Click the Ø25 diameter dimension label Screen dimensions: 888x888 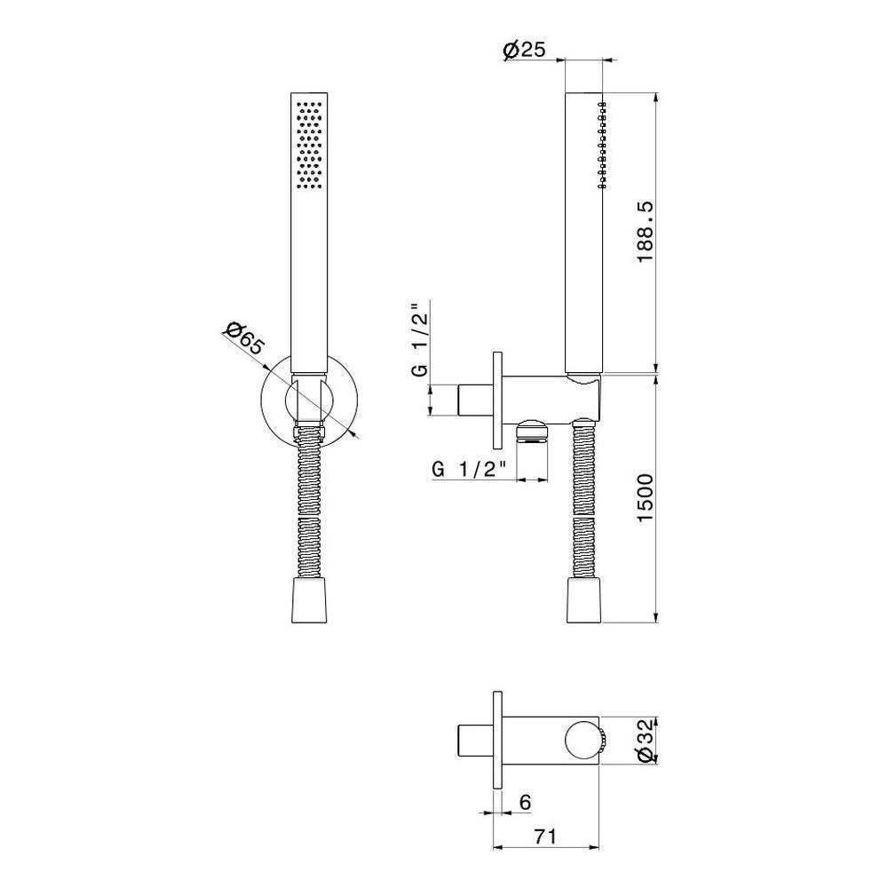click(524, 50)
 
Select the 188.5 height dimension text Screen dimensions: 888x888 click(645, 232)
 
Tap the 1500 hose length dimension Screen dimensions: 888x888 click(645, 498)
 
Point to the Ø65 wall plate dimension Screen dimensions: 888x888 click(244, 338)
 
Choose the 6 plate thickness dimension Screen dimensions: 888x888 click(525, 802)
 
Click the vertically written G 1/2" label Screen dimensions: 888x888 click(420, 340)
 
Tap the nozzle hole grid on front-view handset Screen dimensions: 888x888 click(309, 145)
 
